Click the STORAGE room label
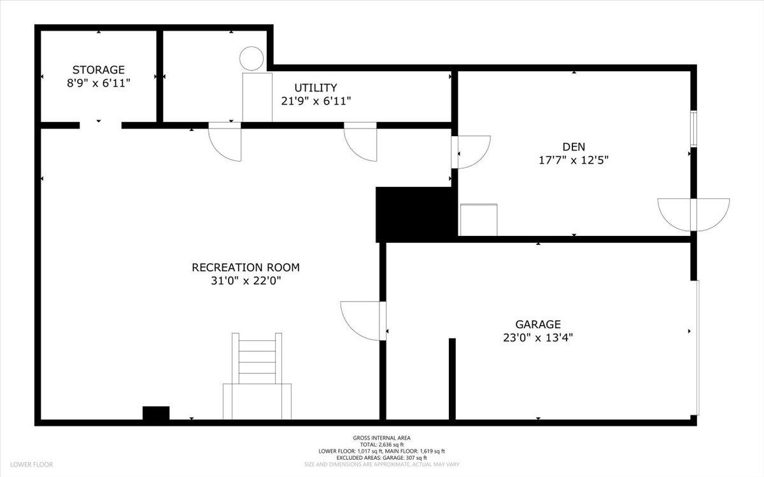coord(99,69)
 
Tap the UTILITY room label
coord(315,88)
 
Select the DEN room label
coord(574,147)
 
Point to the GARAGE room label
coord(538,324)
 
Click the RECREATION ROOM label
coord(246,267)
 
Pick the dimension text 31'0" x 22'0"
coord(246,280)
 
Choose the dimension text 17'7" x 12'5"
coord(574,160)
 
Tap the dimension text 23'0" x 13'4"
coord(538,338)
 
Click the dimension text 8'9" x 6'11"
coord(99,83)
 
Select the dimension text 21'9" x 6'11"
coord(316,100)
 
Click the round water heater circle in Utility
coord(251,59)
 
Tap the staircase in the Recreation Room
coord(257,375)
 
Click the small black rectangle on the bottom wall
coord(156,413)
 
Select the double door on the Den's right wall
coord(693,214)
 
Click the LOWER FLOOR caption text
coord(31,465)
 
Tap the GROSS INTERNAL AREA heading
coord(382,438)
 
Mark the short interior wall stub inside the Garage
coord(452,378)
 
